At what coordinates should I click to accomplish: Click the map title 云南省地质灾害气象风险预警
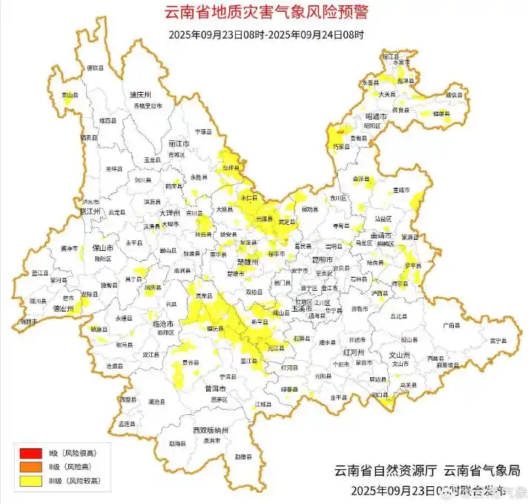click(265, 13)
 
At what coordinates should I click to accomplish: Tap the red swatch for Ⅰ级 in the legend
click(30, 453)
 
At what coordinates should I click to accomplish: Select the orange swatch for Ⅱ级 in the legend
click(30, 467)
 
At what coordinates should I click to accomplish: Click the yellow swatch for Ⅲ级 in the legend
click(30, 481)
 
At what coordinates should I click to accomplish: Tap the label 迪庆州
click(140, 95)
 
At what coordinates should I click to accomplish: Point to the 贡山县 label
click(69, 95)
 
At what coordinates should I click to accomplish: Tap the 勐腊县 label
click(244, 456)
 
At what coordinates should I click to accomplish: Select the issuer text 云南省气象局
click(481, 471)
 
